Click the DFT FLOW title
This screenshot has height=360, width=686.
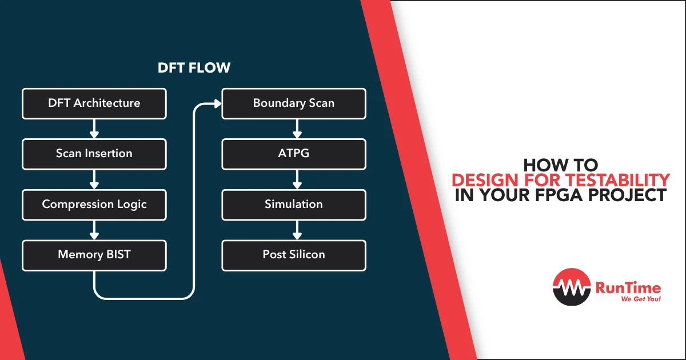point(194,68)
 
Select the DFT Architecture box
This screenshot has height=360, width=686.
point(94,103)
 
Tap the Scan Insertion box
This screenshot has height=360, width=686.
point(94,154)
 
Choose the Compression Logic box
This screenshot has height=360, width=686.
point(94,205)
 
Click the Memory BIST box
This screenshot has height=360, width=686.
point(94,255)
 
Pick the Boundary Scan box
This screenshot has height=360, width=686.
point(294,103)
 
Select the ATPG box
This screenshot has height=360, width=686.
point(294,154)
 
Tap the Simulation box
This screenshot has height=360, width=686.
point(294,205)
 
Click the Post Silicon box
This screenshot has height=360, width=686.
point(294,255)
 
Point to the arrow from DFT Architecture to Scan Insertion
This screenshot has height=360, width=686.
point(94,129)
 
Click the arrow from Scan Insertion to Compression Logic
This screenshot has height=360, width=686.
point(94,179)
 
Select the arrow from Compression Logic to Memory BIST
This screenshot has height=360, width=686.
point(94,230)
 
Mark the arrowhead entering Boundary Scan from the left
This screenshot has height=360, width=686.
point(217,104)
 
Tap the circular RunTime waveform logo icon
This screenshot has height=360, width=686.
point(572,287)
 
